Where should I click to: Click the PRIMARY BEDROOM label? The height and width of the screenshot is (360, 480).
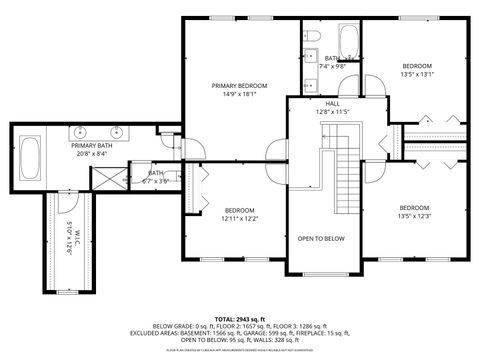(240, 86)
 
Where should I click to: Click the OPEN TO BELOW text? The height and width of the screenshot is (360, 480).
(321, 239)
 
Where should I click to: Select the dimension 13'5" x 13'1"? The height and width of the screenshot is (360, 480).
(416, 74)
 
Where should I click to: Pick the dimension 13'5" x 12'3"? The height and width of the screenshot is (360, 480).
(416, 216)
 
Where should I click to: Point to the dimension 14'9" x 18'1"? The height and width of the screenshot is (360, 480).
(240, 95)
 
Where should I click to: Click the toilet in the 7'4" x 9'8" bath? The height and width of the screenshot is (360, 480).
(312, 37)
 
